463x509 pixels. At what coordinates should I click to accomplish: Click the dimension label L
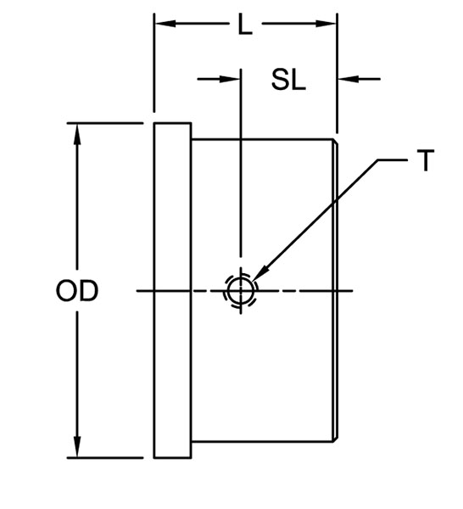(245, 25)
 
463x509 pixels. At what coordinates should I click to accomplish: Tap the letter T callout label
(426, 160)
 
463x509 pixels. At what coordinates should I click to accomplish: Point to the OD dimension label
(77, 291)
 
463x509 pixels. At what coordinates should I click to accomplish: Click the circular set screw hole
(241, 291)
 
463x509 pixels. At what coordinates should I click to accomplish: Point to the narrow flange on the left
(172, 290)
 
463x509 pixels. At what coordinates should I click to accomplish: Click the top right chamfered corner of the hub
(335, 143)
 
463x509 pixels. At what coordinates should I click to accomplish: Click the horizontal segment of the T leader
(390, 160)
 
